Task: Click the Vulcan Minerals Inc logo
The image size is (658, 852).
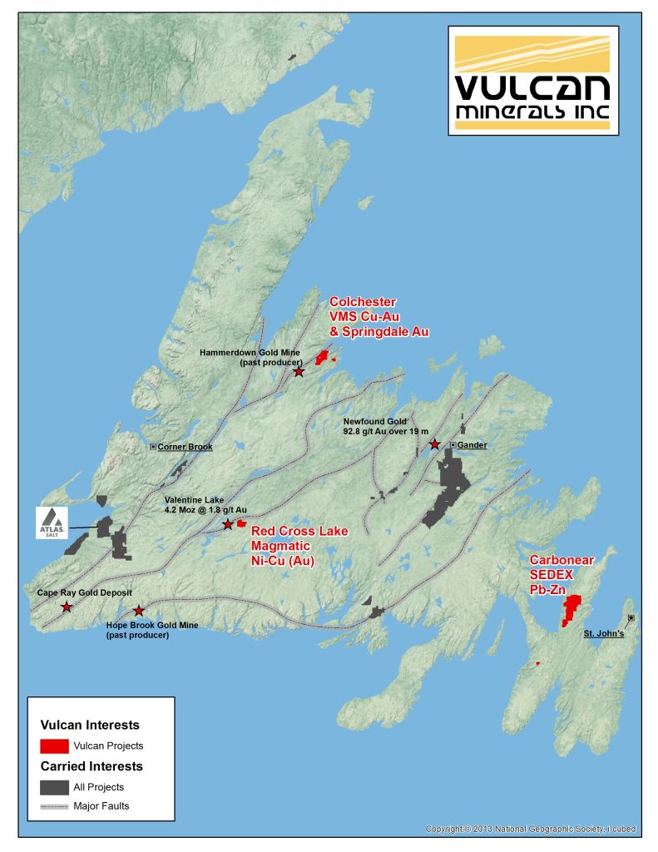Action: (x=533, y=79)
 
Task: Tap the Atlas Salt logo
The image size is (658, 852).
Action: (x=52, y=522)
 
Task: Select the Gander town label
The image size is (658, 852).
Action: (x=472, y=445)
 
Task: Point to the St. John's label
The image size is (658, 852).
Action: (x=603, y=634)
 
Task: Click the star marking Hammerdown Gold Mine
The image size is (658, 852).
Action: (x=299, y=371)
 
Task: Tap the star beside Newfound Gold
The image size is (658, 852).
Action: (x=434, y=444)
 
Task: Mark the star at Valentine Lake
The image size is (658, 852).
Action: (x=228, y=524)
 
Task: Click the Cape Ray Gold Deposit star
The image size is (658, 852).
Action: (x=67, y=607)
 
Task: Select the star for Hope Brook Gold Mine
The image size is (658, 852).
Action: (x=139, y=612)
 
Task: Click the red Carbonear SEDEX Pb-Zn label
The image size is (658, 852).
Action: (x=562, y=574)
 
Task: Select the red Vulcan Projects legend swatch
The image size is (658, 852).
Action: (x=54, y=745)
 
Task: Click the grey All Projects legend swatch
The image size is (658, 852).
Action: (x=54, y=786)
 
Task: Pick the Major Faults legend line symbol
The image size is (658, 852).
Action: (x=54, y=805)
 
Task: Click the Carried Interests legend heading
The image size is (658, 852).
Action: (x=92, y=766)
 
